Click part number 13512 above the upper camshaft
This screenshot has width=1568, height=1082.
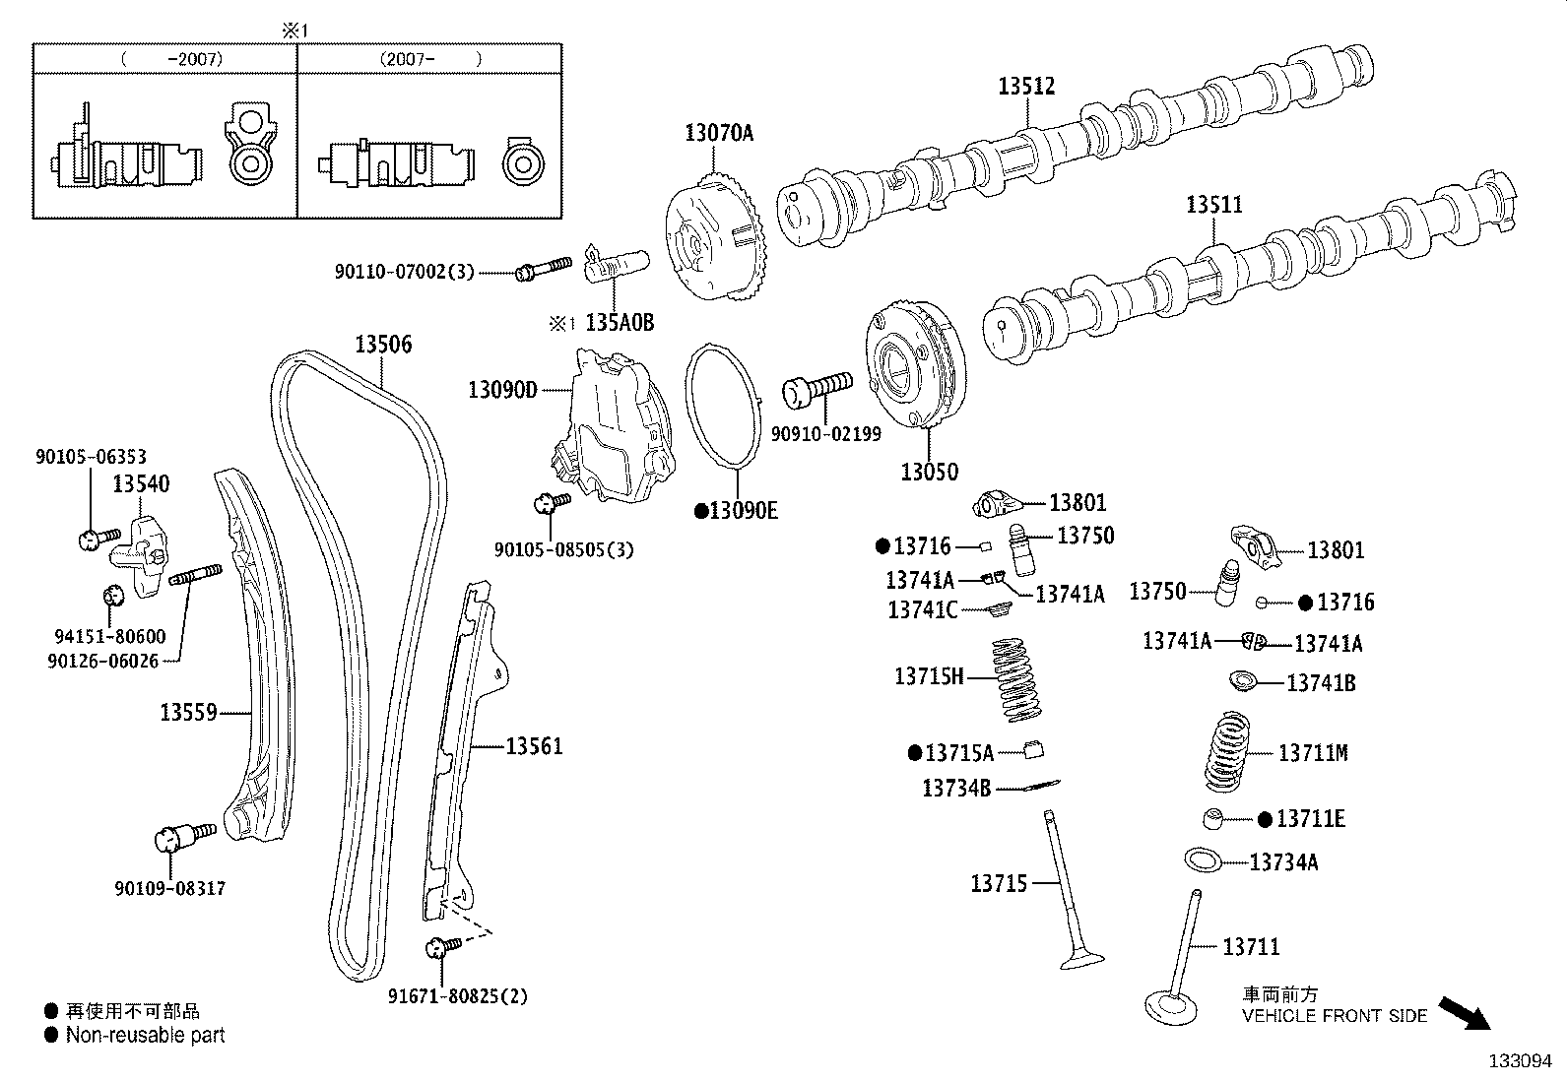click(x=1026, y=87)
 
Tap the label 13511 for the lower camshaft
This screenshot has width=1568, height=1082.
click(x=1213, y=205)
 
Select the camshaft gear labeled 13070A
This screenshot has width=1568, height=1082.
click(x=716, y=236)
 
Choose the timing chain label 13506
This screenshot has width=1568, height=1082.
click(x=383, y=345)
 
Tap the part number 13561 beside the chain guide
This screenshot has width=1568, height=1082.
click(x=534, y=746)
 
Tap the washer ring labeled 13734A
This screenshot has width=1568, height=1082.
click(x=1204, y=859)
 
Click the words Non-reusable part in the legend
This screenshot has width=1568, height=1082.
click(x=145, y=1035)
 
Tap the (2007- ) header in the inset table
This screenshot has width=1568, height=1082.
click(x=430, y=59)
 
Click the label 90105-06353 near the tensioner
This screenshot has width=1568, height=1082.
click(x=91, y=457)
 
